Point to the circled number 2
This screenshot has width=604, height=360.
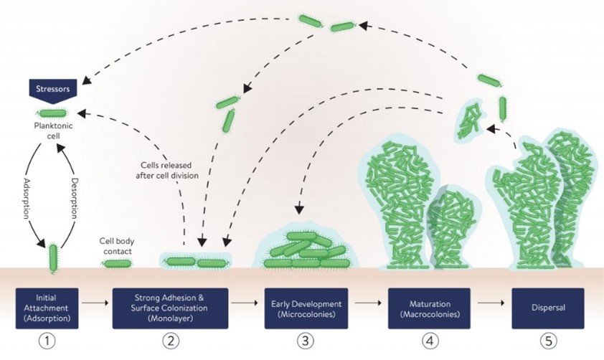pos(170,341)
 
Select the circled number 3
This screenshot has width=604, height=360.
pos(307,341)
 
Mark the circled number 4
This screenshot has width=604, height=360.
pos(429,341)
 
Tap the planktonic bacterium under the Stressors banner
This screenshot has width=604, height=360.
pos(52,113)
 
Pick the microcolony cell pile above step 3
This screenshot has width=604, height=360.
pos(307,251)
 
